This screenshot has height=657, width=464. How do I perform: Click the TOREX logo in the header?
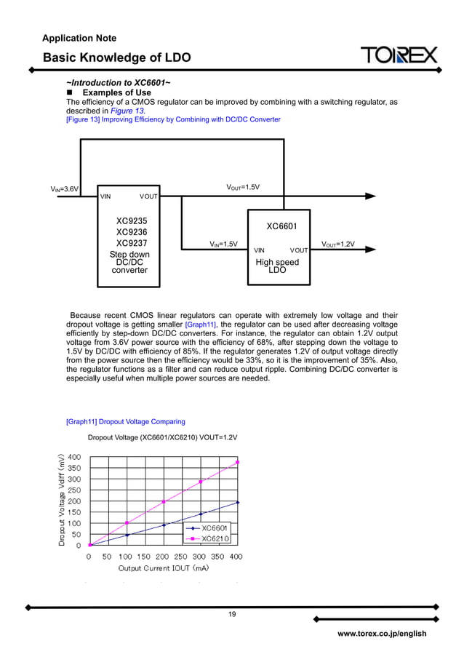(x=399, y=55)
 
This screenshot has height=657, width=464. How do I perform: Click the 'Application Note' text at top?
(x=79, y=38)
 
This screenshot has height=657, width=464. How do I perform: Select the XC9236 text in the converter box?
(x=132, y=232)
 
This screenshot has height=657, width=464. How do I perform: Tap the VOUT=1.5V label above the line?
(x=243, y=188)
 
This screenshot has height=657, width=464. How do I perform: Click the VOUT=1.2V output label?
(x=337, y=244)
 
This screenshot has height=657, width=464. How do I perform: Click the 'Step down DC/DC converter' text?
(x=129, y=263)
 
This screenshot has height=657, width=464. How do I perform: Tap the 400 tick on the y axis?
(x=74, y=457)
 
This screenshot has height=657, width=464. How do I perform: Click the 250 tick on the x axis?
(x=181, y=557)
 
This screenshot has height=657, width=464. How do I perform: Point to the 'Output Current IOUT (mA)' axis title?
(x=164, y=568)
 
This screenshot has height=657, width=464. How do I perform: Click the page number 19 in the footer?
(x=232, y=615)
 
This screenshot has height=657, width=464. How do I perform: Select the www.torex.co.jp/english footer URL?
(x=382, y=634)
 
